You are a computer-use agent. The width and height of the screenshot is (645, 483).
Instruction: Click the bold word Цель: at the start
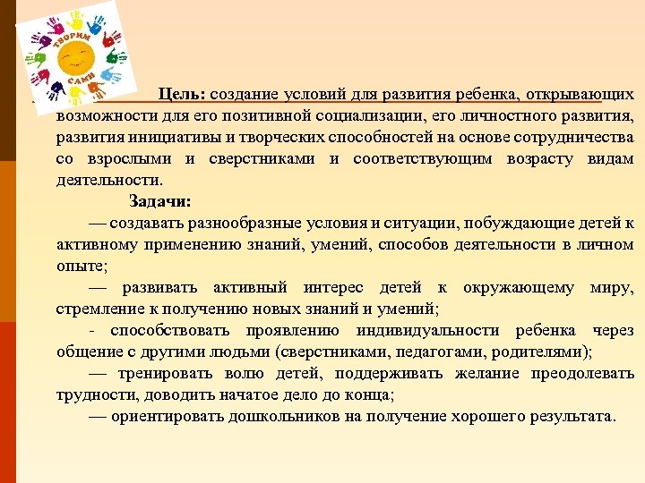pos(183,94)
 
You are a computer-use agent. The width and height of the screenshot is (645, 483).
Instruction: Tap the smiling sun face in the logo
pos(74,57)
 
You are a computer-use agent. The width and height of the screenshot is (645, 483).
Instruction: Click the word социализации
pos(342,116)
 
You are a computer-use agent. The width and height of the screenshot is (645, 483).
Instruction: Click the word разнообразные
pos(242,223)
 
